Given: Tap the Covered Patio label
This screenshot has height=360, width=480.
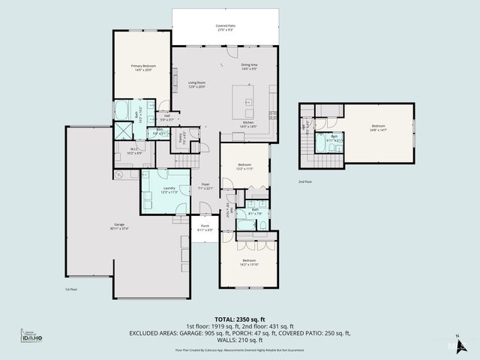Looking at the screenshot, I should (226, 28).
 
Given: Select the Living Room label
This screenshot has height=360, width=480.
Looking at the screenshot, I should (196, 84).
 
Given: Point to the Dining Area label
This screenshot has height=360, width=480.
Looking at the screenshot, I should (249, 67).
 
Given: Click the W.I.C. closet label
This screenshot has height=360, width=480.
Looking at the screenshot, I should (134, 152).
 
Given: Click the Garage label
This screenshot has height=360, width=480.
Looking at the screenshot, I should (119, 226).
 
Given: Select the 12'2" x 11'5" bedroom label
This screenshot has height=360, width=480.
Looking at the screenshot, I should (245, 166).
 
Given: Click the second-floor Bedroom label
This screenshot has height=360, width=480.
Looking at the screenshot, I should (378, 127).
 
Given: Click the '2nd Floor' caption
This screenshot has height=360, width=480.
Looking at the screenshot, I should (305, 182).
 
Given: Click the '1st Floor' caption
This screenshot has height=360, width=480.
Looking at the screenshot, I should (70, 288).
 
